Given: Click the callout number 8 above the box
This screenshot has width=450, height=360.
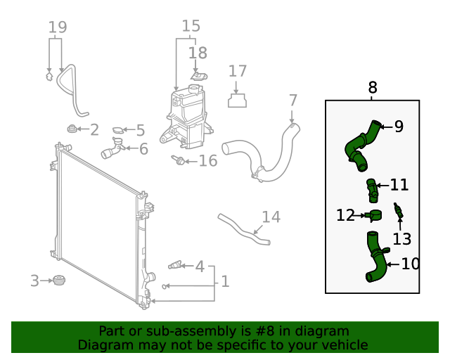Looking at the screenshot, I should (373, 88).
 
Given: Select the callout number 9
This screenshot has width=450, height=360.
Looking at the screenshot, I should (399, 127).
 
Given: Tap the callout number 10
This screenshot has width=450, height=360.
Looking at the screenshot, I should (410, 264).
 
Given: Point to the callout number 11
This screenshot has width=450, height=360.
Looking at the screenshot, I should (399, 185).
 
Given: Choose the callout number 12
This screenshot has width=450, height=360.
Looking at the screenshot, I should (345, 215).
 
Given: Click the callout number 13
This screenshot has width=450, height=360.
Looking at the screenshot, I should (401, 239).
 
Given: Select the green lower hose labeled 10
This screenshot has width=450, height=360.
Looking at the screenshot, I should (376, 260).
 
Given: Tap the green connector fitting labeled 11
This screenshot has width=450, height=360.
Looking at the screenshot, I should (373, 190).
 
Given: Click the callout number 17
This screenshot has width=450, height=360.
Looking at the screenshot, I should (238, 71).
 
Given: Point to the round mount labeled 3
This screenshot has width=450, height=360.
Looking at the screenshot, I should (59, 281).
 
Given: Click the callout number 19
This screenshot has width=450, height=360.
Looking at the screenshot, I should (58, 28).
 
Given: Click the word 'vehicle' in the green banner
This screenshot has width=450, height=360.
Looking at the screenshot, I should (342, 345).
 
